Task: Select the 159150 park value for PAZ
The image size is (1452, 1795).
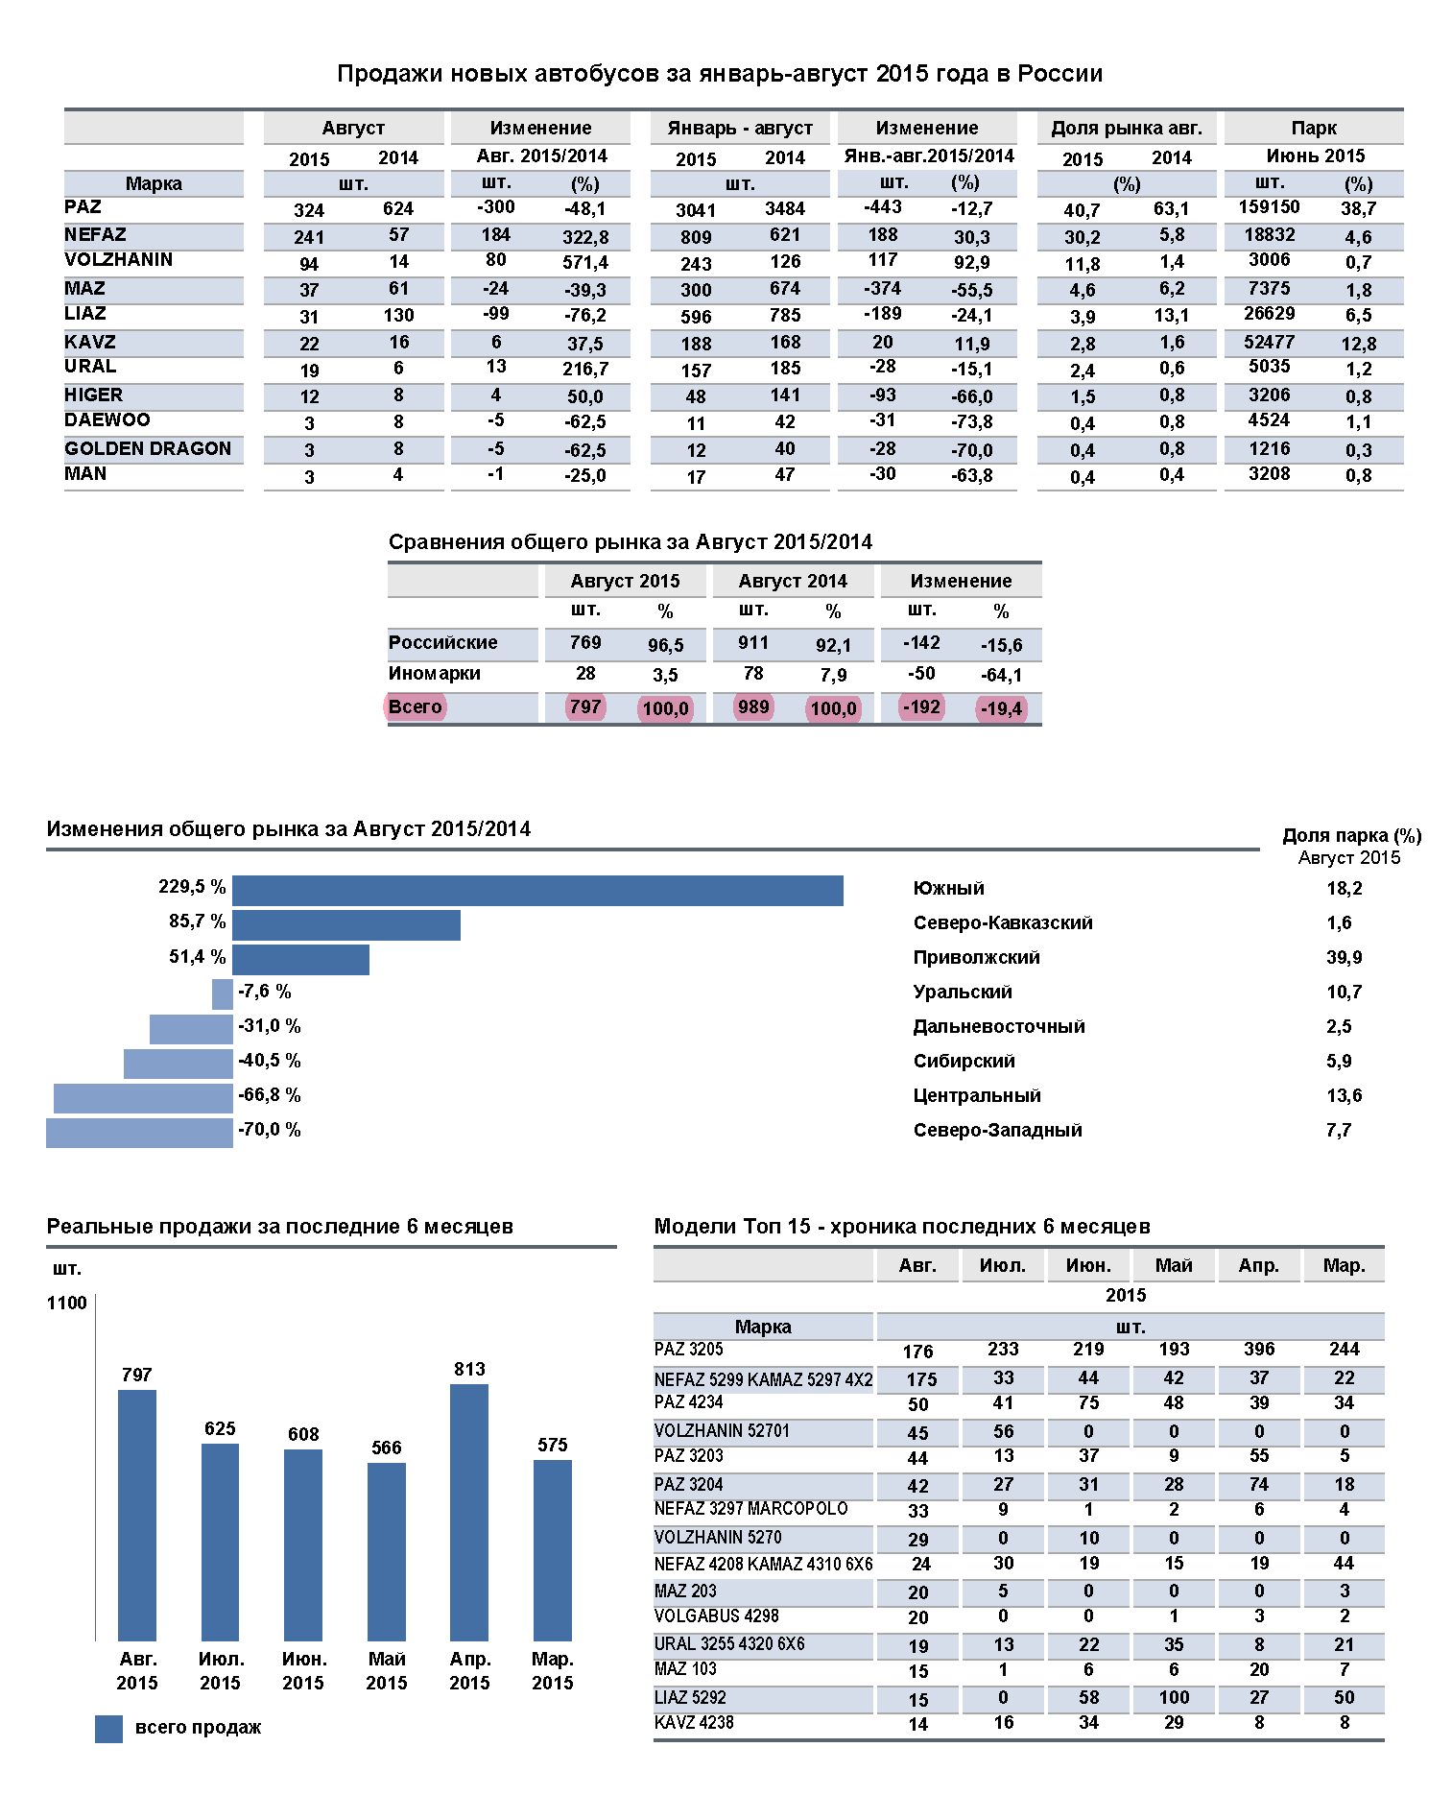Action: point(1269,207)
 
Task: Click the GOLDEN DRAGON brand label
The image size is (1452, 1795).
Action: point(148,448)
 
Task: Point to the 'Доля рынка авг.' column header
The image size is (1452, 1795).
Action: point(1126,128)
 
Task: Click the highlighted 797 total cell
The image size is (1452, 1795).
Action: point(585,707)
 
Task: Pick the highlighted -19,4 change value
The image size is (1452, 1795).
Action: point(1001,709)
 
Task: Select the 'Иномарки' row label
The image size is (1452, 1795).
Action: point(434,674)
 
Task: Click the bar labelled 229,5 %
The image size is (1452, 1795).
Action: point(537,890)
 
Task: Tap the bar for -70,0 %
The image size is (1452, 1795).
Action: point(139,1132)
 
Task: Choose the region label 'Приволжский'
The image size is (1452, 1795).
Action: point(976,957)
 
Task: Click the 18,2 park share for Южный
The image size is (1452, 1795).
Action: point(1344,889)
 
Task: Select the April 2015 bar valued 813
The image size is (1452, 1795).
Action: point(469,1512)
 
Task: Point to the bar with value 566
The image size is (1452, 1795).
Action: point(387,1551)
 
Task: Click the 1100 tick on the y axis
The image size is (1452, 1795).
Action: point(66,1303)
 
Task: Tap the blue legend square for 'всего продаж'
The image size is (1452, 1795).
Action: point(108,1728)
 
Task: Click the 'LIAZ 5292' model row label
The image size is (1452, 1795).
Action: point(690,1697)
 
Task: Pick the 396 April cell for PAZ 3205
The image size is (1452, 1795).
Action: point(1258,1349)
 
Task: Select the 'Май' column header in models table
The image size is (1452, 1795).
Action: point(1173,1265)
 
